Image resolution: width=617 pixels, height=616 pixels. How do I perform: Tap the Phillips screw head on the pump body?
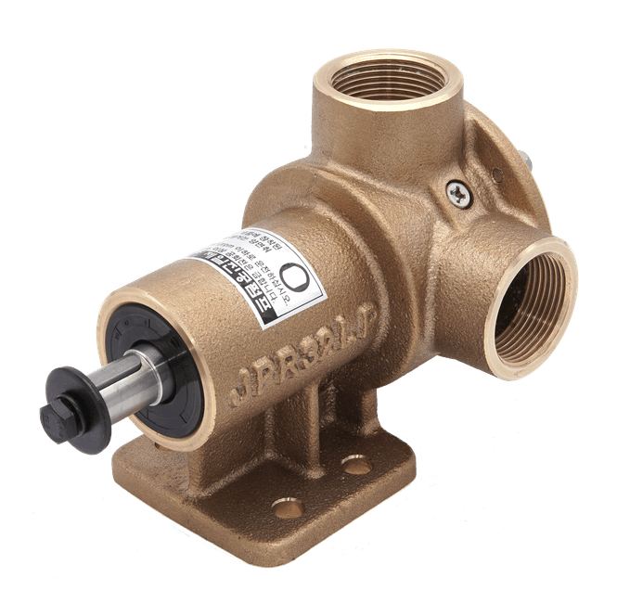click(458, 192)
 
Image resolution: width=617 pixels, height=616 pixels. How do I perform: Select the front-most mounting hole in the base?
click(288, 508)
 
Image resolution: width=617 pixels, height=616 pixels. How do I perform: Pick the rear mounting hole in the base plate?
click(356, 465)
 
